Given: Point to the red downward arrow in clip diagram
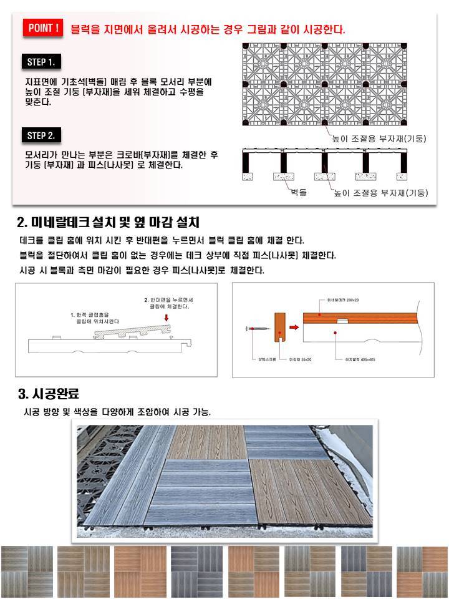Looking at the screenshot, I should (x=166, y=318).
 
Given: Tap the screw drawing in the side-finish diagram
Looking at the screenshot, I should (x=256, y=327).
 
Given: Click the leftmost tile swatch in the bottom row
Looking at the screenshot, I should (x=26, y=572).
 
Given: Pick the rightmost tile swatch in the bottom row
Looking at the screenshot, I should (x=422, y=572).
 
